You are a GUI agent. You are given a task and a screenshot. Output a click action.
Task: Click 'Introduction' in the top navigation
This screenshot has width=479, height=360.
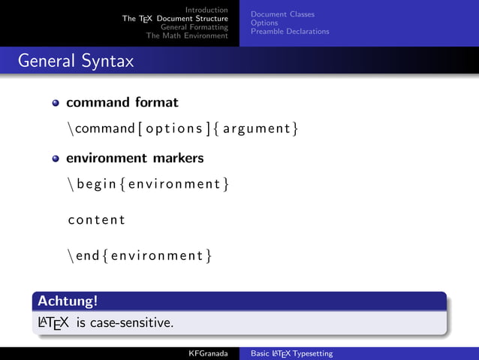(206, 10)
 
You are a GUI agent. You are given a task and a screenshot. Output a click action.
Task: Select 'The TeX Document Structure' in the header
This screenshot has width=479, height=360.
(175, 19)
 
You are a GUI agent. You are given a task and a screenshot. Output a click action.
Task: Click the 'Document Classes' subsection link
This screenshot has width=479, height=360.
(282, 14)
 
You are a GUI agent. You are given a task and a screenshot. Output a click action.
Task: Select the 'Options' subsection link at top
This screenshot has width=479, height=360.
(264, 23)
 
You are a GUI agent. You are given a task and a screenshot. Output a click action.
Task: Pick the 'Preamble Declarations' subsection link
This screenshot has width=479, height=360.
(290, 32)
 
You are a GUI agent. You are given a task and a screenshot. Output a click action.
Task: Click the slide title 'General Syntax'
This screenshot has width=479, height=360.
(76, 61)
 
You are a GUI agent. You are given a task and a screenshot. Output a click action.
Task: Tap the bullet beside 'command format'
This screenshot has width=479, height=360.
(56, 102)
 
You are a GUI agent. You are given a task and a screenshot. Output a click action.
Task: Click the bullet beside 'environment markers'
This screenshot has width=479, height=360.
(56, 159)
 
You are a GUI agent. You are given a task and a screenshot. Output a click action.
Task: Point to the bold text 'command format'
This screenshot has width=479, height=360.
(122, 101)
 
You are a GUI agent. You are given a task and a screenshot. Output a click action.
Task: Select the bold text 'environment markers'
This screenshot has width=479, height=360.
(134, 159)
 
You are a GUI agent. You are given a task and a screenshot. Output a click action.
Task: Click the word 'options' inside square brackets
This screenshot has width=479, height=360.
(181, 129)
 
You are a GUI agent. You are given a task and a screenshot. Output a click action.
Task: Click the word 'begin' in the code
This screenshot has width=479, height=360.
(95, 184)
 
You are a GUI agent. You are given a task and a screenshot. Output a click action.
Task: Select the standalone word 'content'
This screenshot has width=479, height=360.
(96, 220)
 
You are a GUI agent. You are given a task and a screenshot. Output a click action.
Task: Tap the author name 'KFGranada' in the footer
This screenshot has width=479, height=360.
(208, 353)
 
